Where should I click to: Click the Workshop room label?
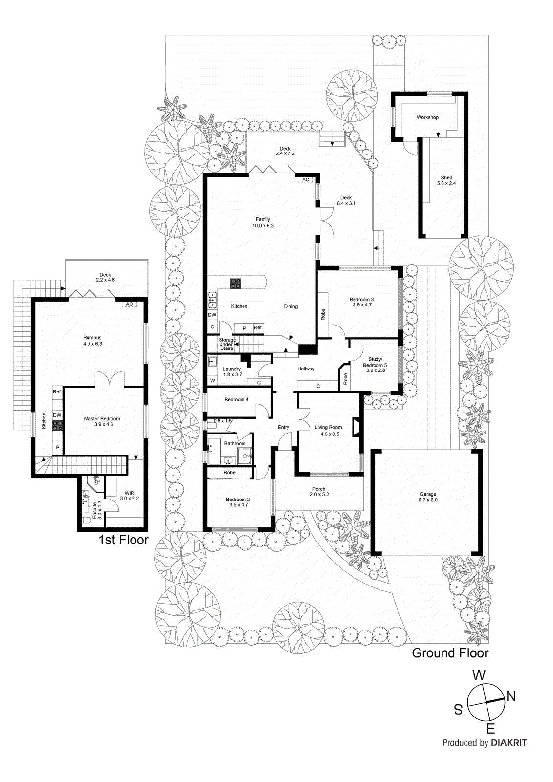click(x=427, y=117)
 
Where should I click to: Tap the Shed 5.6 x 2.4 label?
click(x=446, y=181)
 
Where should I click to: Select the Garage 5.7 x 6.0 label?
click(x=428, y=497)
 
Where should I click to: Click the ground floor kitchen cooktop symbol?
click(x=236, y=283)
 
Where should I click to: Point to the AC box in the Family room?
click(x=306, y=180)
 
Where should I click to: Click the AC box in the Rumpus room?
click(x=129, y=304)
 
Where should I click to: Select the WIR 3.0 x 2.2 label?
click(x=129, y=496)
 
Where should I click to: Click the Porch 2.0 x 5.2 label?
click(x=319, y=491)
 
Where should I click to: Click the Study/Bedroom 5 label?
click(x=375, y=365)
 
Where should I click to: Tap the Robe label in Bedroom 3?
click(x=323, y=314)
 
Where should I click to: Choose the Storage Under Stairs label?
click(x=226, y=344)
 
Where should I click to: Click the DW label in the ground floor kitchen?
click(x=212, y=315)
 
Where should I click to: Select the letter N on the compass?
click(x=510, y=696)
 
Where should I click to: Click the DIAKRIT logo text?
click(x=509, y=743)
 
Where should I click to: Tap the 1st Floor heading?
click(x=123, y=540)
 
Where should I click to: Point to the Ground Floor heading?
click(x=450, y=653)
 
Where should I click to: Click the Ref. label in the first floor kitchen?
click(x=57, y=391)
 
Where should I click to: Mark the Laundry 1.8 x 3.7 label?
click(x=232, y=371)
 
